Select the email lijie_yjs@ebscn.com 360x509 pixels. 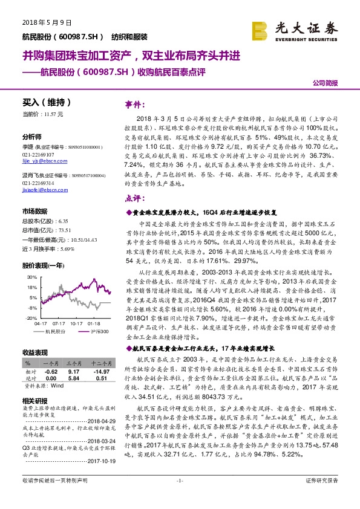(40, 162)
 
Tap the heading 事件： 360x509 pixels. (136, 104)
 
